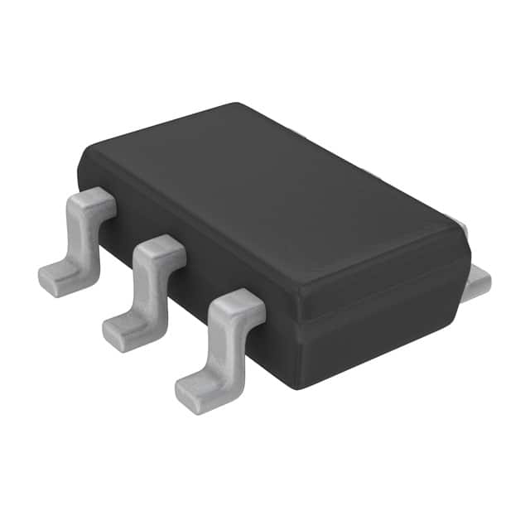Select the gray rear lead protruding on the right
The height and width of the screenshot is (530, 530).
(478, 282)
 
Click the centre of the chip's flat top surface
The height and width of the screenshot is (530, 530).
(273, 195)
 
